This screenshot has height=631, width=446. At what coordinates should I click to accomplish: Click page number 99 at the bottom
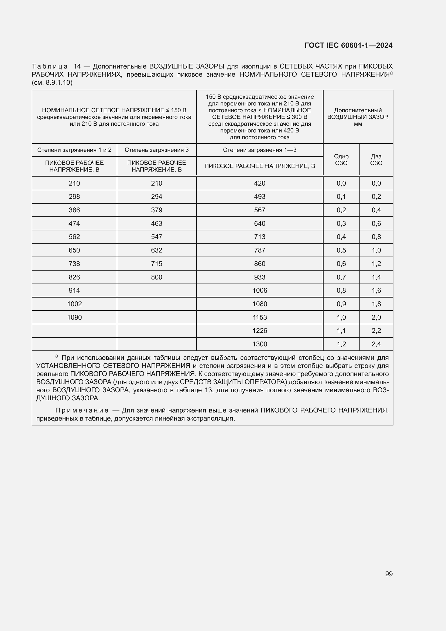coord(389,574)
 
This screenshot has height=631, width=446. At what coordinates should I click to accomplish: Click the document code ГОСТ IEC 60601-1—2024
coord(348,45)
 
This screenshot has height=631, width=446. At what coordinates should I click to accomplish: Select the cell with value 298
coord(74,196)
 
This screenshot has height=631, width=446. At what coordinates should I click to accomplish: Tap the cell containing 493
coord(259,196)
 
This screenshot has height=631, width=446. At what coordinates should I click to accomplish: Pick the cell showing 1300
coord(259,344)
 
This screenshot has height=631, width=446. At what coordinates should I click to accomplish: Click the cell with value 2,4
coord(376,344)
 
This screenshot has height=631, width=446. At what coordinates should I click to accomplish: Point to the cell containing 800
coord(157,277)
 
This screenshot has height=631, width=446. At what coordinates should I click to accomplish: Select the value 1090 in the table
coord(74,318)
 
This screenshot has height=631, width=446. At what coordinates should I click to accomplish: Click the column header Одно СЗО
coord(341,160)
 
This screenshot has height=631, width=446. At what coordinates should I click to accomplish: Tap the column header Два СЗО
coord(376,160)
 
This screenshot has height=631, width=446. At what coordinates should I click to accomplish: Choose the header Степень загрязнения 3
coord(157,150)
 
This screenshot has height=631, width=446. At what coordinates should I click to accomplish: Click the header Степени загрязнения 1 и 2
coord(74,150)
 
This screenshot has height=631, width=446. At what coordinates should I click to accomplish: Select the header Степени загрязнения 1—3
coord(259,150)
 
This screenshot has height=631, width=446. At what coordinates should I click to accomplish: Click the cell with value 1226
coord(259,331)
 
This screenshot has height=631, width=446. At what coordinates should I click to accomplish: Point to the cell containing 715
coord(157,264)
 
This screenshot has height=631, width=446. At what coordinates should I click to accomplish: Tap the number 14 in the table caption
coord(77,66)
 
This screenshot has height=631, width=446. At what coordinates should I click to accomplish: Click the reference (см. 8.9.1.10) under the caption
coord(52,83)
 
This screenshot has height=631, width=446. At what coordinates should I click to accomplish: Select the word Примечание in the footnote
coord(82,410)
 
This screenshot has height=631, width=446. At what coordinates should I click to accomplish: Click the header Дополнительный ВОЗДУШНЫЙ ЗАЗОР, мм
coord(358,117)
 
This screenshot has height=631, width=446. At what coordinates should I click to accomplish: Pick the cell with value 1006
coord(259,291)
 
